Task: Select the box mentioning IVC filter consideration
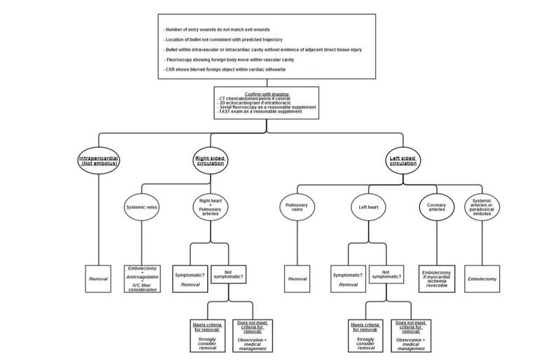[143, 278]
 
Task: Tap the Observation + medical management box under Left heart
[410, 335]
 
